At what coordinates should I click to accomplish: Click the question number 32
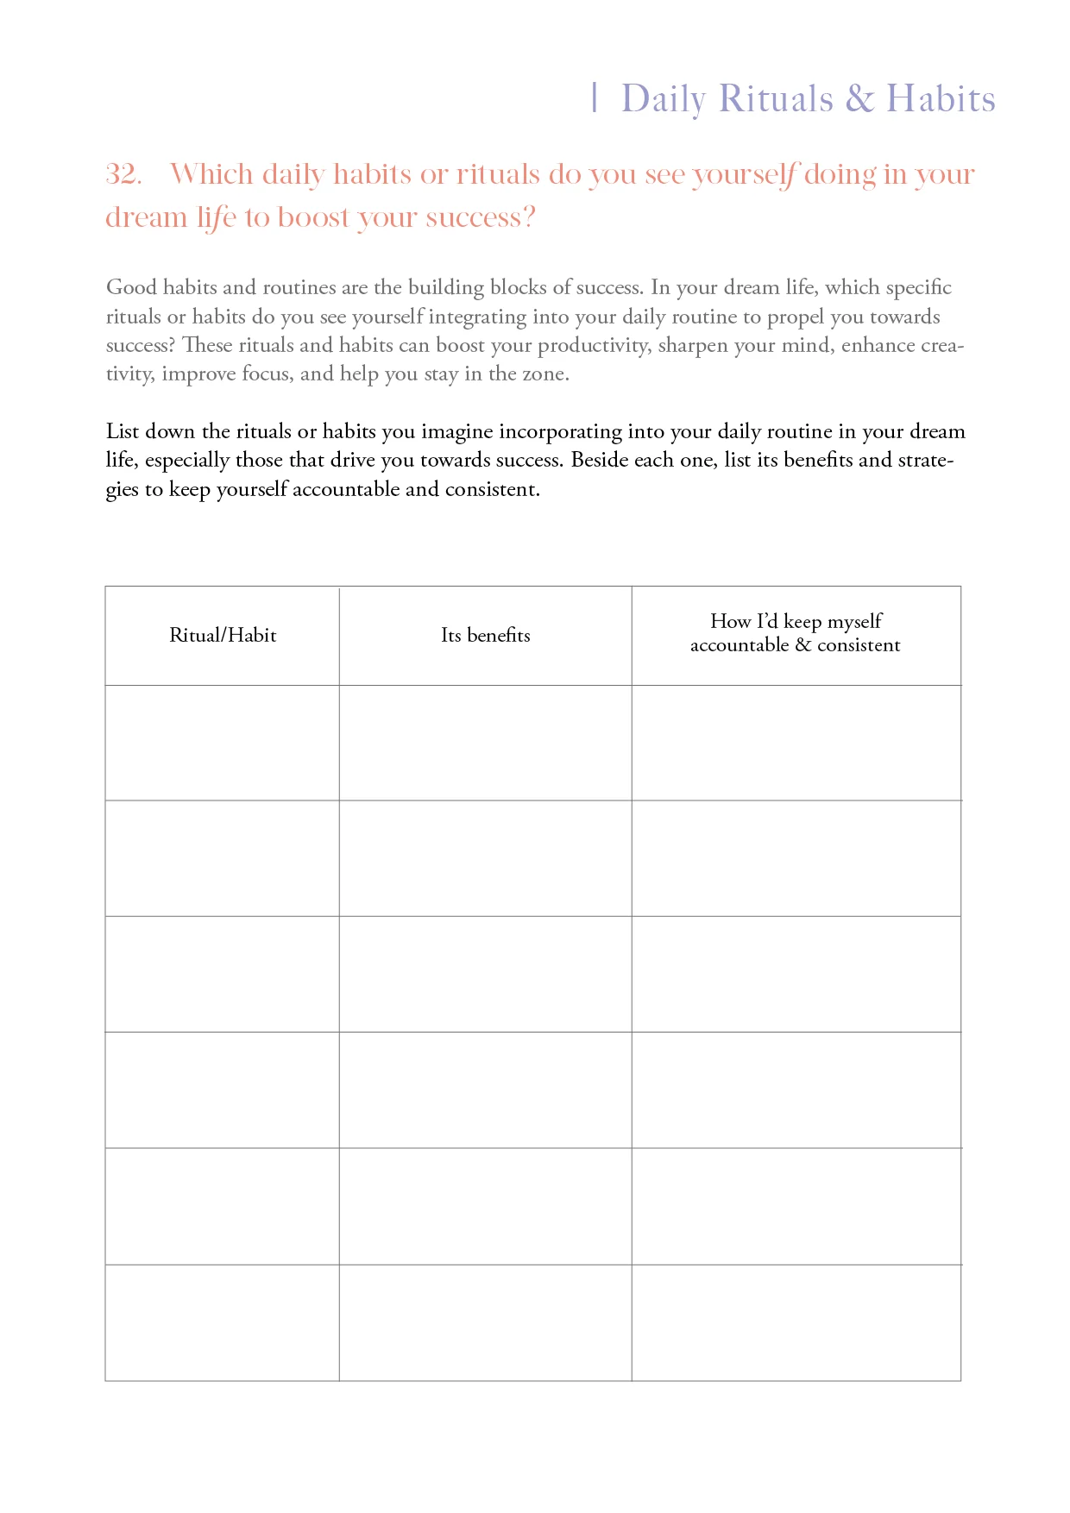(123, 175)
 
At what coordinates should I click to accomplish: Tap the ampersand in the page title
(859, 99)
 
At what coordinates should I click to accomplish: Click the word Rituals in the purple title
(776, 99)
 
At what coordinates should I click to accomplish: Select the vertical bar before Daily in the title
(595, 98)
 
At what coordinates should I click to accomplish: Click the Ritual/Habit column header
(223, 636)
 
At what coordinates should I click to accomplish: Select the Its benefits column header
(485, 636)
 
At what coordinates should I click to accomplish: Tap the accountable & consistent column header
(795, 633)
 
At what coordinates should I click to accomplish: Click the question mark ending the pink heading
(529, 217)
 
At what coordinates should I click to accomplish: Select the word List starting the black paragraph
(122, 431)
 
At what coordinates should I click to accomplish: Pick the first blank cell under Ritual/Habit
(223, 743)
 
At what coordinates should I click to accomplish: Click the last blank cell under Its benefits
(485, 1322)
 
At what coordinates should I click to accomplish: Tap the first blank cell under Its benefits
(485, 743)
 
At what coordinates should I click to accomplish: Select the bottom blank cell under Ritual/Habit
(223, 1322)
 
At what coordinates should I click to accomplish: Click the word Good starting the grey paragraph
(131, 287)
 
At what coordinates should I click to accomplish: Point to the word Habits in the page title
(941, 99)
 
